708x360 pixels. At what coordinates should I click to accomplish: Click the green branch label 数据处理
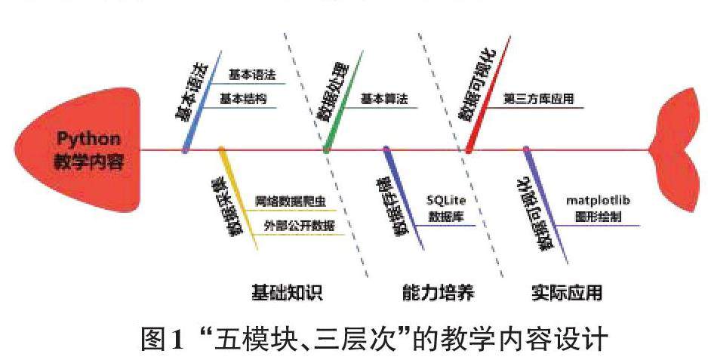pos(335,95)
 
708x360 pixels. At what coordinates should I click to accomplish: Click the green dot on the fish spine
pos(326,149)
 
